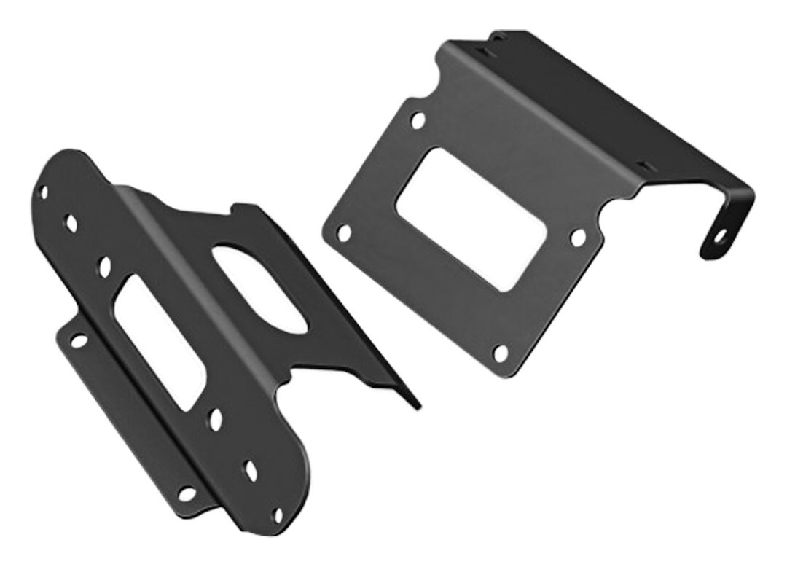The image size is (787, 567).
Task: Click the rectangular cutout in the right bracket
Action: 470,219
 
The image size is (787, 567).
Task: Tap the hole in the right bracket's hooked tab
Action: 719,235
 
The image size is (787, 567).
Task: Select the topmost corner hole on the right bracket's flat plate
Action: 418,120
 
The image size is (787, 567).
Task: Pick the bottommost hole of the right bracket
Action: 500,353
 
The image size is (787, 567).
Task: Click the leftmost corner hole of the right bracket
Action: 343,233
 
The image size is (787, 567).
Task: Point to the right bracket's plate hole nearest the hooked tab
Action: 578,237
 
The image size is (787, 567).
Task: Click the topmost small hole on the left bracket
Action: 44,192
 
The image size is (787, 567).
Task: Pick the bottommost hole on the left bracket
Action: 278,515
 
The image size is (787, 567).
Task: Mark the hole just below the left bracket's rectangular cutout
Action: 216,418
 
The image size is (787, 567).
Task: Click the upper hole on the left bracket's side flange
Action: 77,340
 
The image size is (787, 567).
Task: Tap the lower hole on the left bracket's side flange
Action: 187,493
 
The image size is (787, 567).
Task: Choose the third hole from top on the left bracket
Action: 104,266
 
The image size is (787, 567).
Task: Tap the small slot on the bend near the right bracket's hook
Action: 642,167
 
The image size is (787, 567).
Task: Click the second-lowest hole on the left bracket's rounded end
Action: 251,470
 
